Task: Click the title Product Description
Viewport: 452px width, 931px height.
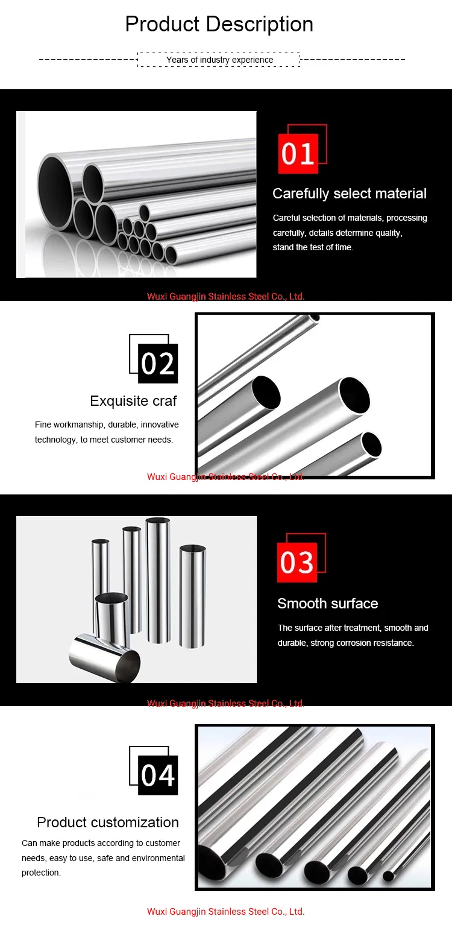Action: tap(219, 24)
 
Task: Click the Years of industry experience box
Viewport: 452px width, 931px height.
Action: tap(219, 60)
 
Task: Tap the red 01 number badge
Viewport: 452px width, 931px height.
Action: tap(298, 154)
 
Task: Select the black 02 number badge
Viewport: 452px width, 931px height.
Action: tap(158, 364)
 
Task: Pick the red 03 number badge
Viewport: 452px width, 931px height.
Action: tap(297, 563)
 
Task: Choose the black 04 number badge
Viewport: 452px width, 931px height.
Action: tap(158, 775)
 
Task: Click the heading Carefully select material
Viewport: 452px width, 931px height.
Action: tap(349, 194)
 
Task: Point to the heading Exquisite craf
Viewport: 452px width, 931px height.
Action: tap(133, 401)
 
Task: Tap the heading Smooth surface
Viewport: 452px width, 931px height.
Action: tap(327, 604)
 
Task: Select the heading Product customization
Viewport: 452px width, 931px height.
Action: tap(108, 822)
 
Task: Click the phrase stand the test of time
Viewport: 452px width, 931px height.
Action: tap(313, 247)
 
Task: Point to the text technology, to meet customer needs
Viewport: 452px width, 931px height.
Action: tap(104, 440)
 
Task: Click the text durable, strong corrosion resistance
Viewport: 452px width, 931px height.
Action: tap(345, 643)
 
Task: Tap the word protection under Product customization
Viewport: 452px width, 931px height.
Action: tap(41, 873)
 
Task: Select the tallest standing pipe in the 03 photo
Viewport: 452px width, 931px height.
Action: tap(158, 579)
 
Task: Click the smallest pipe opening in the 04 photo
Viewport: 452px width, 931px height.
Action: tap(388, 876)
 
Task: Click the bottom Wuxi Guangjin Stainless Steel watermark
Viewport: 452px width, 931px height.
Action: tap(225, 911)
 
